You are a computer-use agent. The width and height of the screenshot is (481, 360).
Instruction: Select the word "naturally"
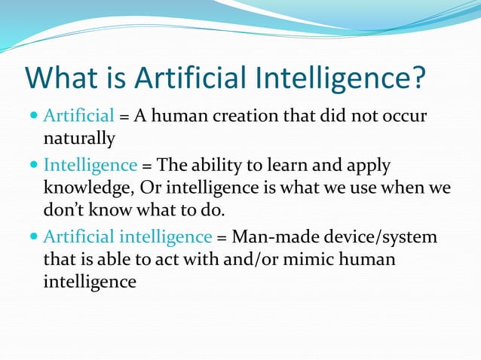pyautogui.click(x=79, y=139)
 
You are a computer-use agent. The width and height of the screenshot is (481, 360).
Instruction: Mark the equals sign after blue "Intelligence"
pyautogui.click(x=146, y=166)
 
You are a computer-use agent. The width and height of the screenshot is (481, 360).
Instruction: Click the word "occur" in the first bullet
pyautogui.click(x=406, y=117)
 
